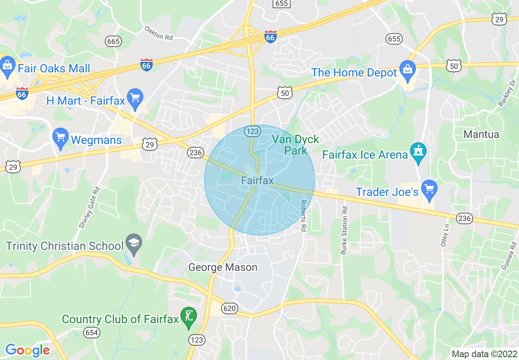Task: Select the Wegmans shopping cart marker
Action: pos(61,138)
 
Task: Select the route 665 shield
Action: pos(113,41)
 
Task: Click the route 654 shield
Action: pos(92,333)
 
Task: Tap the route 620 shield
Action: pos(230,308)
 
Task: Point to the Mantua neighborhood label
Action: pos(481,134)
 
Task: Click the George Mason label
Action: pos(223,268)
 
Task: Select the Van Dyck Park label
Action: pos(296,145)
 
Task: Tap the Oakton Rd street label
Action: pos(159,34)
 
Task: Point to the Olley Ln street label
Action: pos(445,235)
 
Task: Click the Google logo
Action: pos(27,350)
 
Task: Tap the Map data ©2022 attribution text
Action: pos(484,354)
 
